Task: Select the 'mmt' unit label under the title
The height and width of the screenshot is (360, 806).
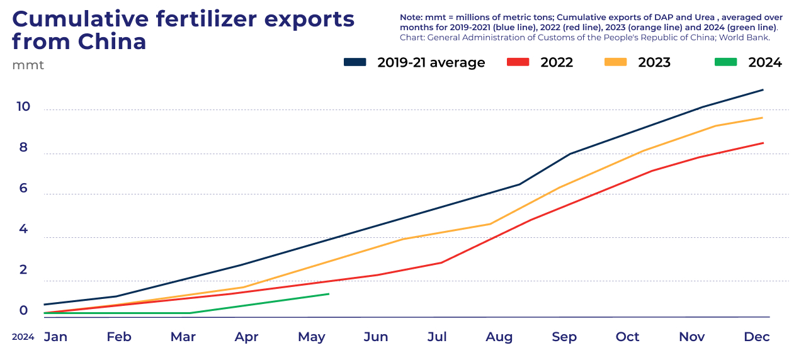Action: pyautogui.click(x=28, y=65)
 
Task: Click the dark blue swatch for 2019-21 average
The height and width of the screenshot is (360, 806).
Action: pyautogui.click(x=355, y=62)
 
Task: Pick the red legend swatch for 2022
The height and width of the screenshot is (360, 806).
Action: pyautogui.click(x=518, y=62)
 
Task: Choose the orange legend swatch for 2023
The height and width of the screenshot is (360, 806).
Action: pyautogui.click(x=615, y=62)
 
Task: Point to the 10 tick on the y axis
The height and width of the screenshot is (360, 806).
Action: pyautogui.click(x=23, y=106)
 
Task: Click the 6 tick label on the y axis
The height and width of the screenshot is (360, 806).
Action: pyautogui.click(x=23, y=188)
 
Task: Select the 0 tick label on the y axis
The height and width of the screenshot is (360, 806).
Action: pyautogui.click(x=23, y=310)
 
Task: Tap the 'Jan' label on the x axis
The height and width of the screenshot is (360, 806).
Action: pyautogui.click(x=55, y=337)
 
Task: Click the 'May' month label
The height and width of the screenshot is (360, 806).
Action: pyautogui.click(x=311, y=337)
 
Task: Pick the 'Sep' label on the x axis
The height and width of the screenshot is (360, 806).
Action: pyautogui.click(x=564, y=337)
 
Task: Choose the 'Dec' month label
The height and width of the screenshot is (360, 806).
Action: pyautogui.click(x=756, y=337)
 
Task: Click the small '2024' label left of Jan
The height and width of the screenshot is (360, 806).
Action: pyautogui.click(x=23, y=337)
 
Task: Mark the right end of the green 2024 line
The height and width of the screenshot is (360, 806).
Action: pyautogui.click(x=329, y=294)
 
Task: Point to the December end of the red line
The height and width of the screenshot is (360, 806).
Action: pyautogui.click(x=763, y=143)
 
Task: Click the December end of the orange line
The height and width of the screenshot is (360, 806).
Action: pyautogui.click(x=763, y=118)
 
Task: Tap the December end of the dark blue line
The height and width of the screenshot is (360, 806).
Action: pyautogui.click(x=763, y=89)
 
